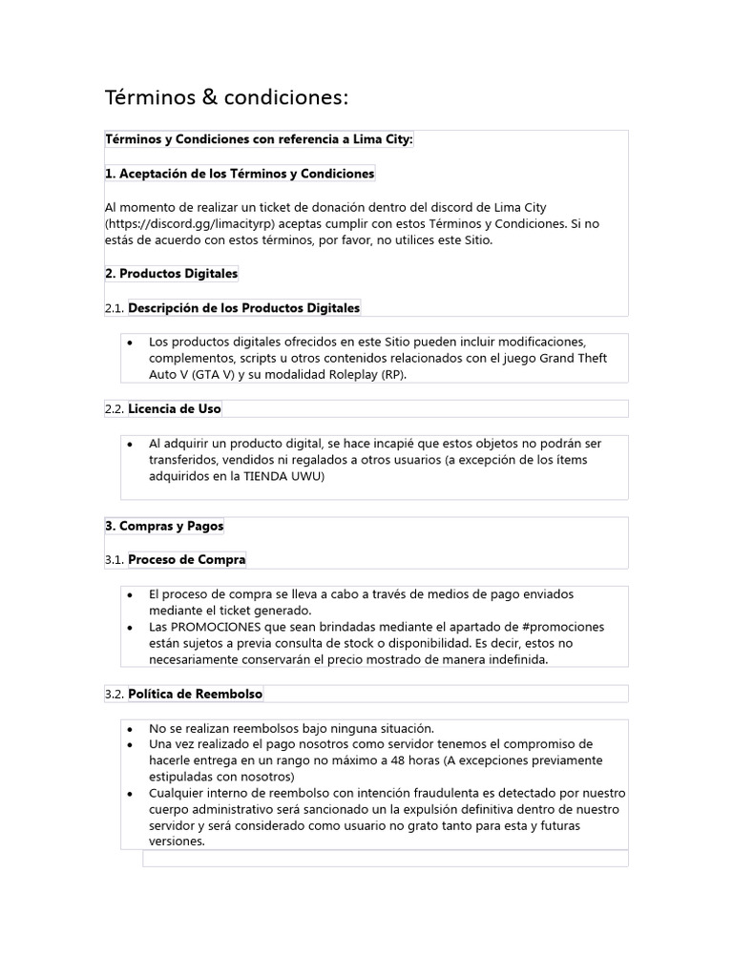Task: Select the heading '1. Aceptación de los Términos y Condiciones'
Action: pyautogui.click(x=240, y=174)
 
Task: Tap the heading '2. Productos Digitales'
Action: pyautogui.click(x=171, y=274)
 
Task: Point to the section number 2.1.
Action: pyautogui.click(x=115, y=308)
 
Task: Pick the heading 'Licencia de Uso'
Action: pyautogui.click(x=175, y=409)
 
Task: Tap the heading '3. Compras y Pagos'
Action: pyautogui.click(x=164, y=526)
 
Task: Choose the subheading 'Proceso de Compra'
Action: pyautogui.click(x=187, y=560)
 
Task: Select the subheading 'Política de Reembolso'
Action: pyautogui.click(x=196, y=694)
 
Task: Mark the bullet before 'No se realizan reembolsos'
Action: pyautogui.click(x=130, y=728)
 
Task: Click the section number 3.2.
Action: pyautogui.click(x=115, y=694)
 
